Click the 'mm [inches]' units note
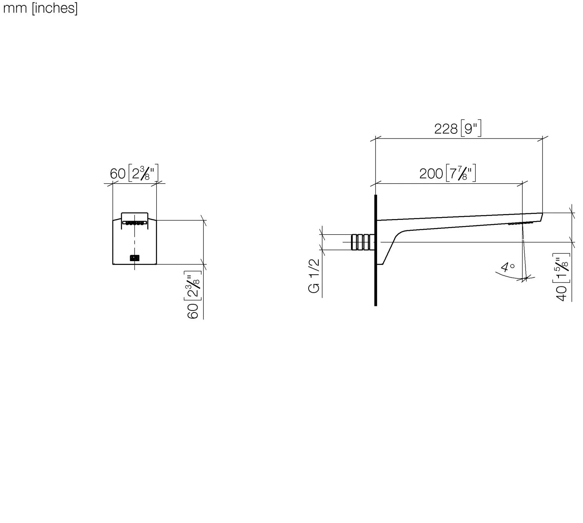pyautogui.click(x=40, y=8)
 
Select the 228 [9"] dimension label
pyautogui.click(x=457, y=128)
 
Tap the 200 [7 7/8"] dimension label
pyautogui.click(x=447, y=173)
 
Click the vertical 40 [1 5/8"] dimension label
pyautogui.click(x=563, y=276)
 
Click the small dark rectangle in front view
pyautogui.click(x=134, y=257)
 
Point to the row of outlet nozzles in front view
pyautogui.click(x=134, y=223)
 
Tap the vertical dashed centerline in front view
pyautogui.click(x=134, y=241)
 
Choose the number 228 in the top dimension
pyautogui.click(x=446, y=129)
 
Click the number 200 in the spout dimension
pyautogui.click(x=431, y=174)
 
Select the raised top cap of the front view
pyautogui.click(x=134, y=216)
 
